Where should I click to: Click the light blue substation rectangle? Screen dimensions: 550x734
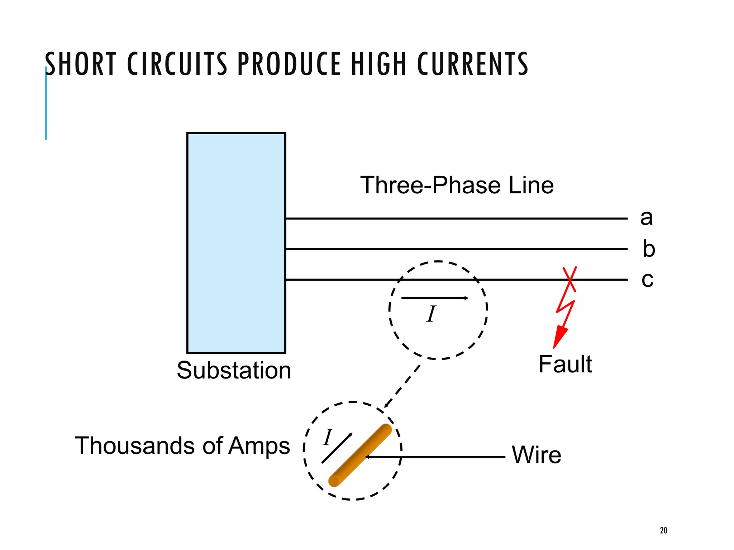(x=236, y=243)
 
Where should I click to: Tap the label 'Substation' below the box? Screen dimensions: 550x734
(x=234, y=370)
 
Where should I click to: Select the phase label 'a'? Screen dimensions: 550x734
(x=647, y=218)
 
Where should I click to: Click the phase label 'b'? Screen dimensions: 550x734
(x=648, y=249)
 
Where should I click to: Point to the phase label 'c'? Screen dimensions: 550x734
(x=647, y=279)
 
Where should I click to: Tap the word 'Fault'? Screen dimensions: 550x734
(x=565, y=364)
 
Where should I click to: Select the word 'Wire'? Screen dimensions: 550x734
(x=536, y=455)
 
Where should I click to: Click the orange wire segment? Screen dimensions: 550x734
(x=360, y=455)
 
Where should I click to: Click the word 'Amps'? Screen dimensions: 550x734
(x=259, y=446)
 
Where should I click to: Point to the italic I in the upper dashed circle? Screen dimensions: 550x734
(x=431, y=314)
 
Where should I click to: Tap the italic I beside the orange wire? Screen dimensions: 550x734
(x=328, y=438)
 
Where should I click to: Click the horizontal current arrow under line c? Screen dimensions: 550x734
(x=434, y=298)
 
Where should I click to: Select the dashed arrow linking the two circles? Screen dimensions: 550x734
(x=402, y=387)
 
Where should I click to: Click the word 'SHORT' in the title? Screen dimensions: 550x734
(x=81, y=64)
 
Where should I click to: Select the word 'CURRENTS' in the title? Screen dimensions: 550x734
(x=473, y=64)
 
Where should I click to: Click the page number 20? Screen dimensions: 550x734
(x=663, y=530)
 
